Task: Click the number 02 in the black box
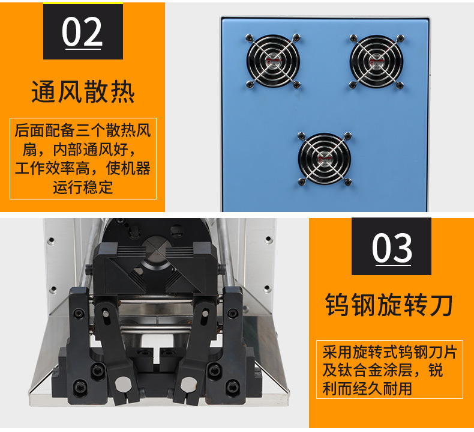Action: [82, 31]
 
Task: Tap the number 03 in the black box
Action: [392, 248]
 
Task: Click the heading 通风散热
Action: [83, 91]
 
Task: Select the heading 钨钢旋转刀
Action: [389, 305]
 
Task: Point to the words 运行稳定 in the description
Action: [83, 187]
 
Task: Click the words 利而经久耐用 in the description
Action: [367, 388]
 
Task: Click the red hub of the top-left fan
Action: [273, 61]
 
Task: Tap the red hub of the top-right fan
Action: [376, 62]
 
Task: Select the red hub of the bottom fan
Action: [324, 159]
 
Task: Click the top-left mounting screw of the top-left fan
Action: [250, 37]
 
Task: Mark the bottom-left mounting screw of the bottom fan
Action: [301, 181]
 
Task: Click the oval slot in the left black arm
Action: [105, 313]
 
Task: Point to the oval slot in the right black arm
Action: [205, 313]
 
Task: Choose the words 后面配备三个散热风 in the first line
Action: [83, 131]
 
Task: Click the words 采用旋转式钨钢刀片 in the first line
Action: [389, 351]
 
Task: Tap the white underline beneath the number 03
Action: [393, 266]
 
